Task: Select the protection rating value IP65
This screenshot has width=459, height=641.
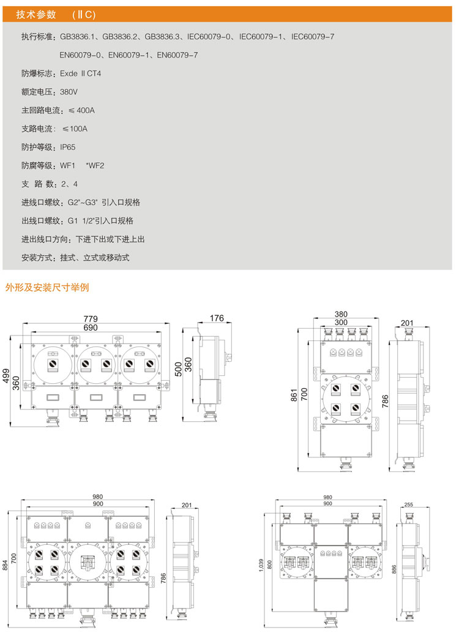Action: click(x=67, y=148)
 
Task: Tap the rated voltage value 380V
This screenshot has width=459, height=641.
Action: click(x=69, y=92)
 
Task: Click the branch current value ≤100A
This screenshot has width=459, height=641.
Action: click(x=75, y=129)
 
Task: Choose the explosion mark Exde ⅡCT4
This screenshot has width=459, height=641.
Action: click(x=80, y=74)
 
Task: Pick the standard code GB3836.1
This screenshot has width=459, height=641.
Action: click(x=78, y=37)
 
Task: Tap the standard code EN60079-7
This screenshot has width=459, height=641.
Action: click(x=177, y=56)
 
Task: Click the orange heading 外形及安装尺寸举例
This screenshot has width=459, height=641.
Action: click(x=47, y=287)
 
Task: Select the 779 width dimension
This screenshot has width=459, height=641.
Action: click(x=91, y=319)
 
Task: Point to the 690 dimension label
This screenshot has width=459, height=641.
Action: click(x=91, y=328)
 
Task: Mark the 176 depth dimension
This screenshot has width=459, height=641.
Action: click(x=217, y=318)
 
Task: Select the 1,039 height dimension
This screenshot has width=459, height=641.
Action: click(x=262, y=564)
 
